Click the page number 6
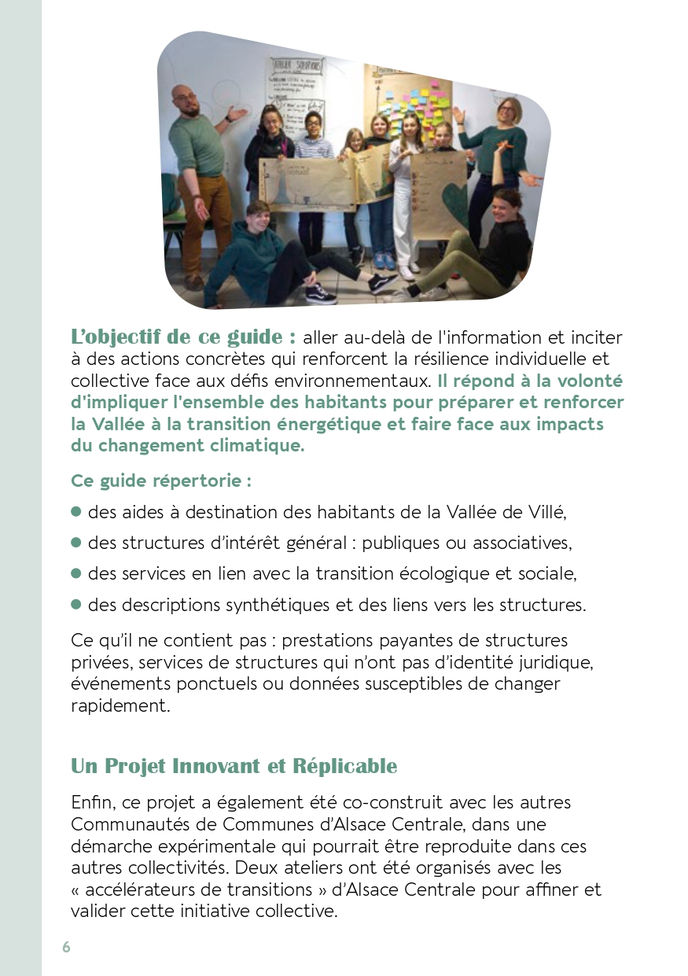66,947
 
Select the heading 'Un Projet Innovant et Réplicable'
234,765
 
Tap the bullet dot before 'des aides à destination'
76,511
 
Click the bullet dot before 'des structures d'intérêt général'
76,543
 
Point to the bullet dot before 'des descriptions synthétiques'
76,604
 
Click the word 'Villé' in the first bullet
546,512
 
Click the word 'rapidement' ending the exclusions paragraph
120,705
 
